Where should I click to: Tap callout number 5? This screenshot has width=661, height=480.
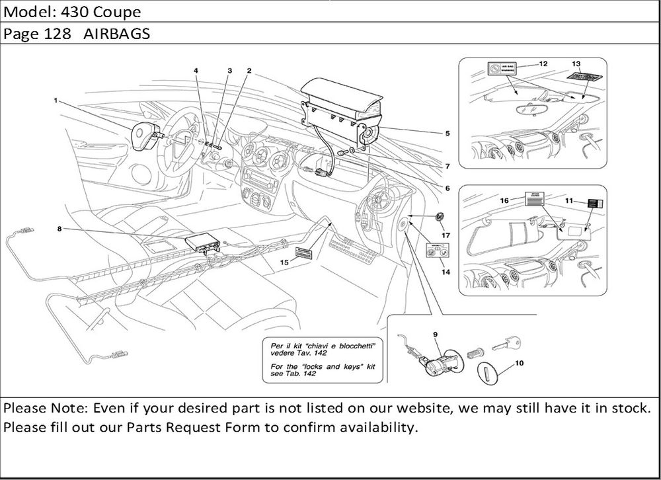point(447,133)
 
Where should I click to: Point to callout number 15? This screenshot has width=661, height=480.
point(285,262)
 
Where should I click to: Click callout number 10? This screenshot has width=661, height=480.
point(518,362)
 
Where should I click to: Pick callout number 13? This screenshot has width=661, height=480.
point(576,63)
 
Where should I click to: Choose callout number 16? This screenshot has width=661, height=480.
point(504,199)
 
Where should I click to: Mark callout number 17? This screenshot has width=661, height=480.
point(446,235)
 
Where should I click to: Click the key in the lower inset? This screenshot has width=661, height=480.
point(508,342)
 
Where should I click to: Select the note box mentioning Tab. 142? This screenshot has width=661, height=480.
point(321,359)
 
